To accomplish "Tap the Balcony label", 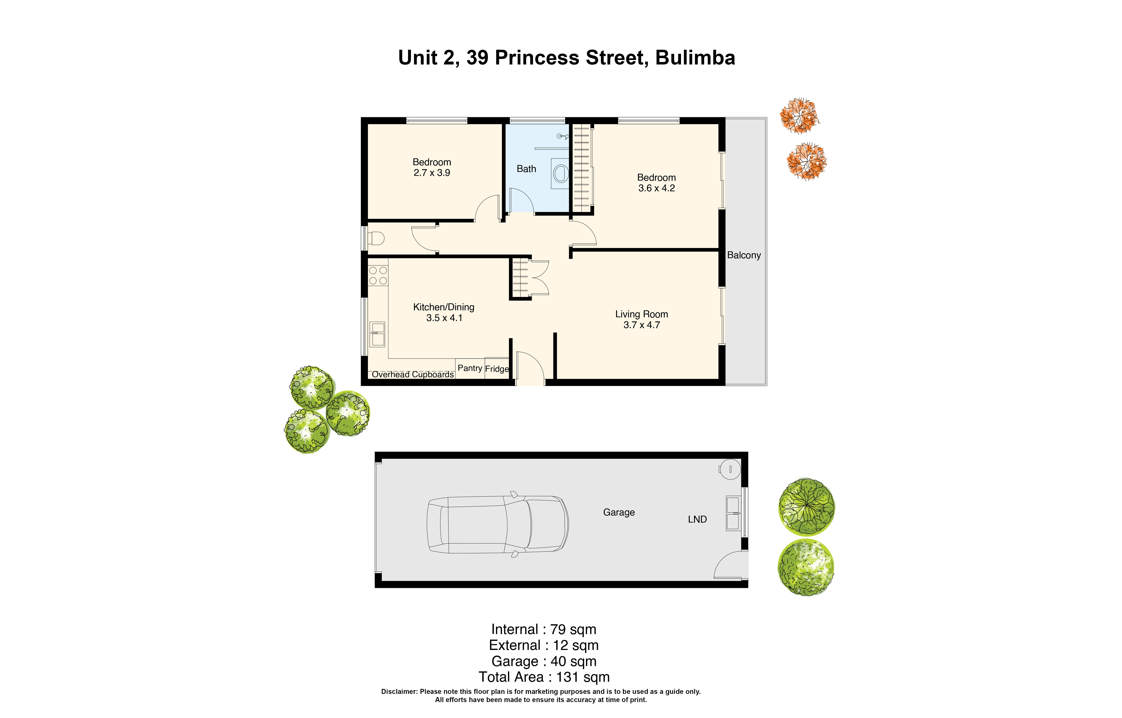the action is pyautogui.click(x=744, y=255).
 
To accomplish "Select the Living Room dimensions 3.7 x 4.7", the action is pyautogui.click(x=642, y=325).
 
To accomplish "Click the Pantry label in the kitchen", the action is pyautogui.click(x=470, y=368).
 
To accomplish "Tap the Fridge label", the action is pyautogui.click(x=497, y=369).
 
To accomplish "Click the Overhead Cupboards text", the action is pyautogui.click(x=413, y=374).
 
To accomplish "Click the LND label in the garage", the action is pyautogui.click(x=697, y=519).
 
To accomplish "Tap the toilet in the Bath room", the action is pyautogui.click(x=560, y=173).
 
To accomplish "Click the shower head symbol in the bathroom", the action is pyautogui.click(x=563, y=137).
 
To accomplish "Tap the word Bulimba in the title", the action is pyautogui.click(x=695, y=58).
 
